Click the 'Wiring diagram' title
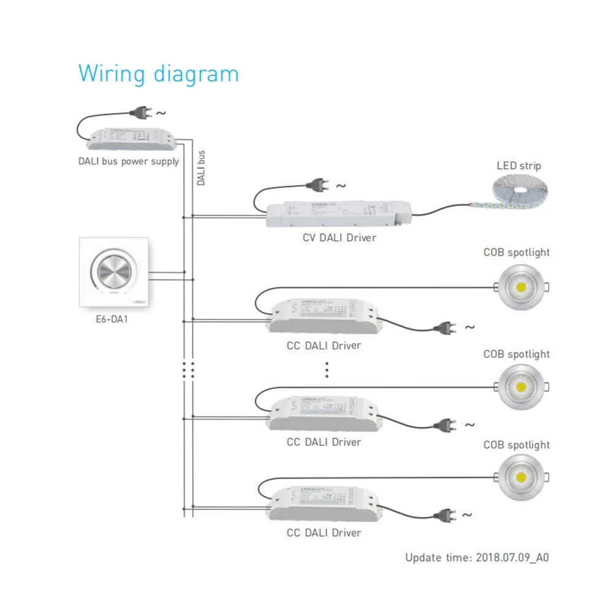[158, 74]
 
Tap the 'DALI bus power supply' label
[129, 162]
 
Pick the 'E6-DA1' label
[112, 319]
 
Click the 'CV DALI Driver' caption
[338, 237]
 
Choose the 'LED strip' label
[519, 166]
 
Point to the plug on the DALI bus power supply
[140, 112]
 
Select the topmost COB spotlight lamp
[519, 287]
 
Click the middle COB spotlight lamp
[519, 387]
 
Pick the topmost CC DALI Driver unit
[323, 315]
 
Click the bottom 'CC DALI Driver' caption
[324, 533]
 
